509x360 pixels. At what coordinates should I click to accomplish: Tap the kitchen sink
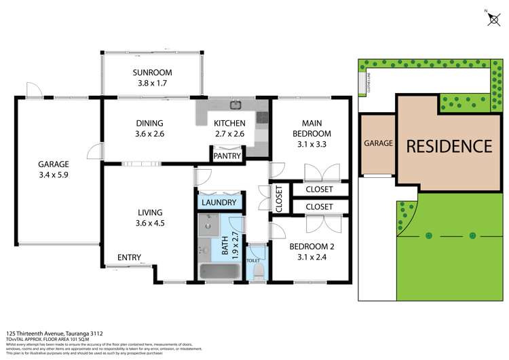coord(235,105)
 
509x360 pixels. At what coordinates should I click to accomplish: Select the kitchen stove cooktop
coord(261,119)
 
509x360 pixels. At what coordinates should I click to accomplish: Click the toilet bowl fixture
coord(257,270)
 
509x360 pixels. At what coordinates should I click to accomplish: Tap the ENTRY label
coord(129,257)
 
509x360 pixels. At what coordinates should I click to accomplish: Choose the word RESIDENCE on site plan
coord(449,145)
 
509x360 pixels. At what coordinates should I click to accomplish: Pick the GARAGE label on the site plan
coord(378,143)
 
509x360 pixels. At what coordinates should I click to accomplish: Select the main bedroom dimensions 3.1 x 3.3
coord(311,145)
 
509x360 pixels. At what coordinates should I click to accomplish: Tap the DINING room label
coord(149,123)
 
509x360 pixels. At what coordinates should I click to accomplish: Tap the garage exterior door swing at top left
coord(32,89)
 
